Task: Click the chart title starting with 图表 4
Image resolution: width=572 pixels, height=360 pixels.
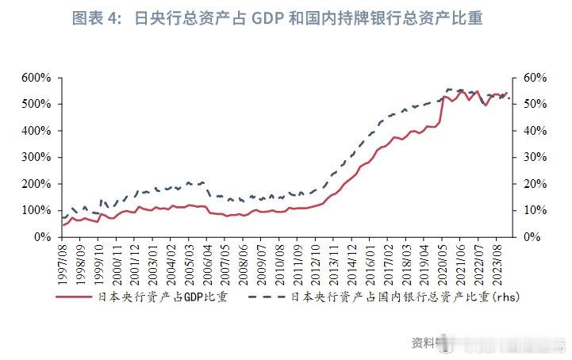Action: pyautogui.click(x=277, y=18)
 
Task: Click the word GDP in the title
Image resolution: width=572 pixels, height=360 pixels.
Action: pyautogui.click(x=273, y=18)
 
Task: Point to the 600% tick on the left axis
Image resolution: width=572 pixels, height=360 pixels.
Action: pyautogui.click(x=36, y=78)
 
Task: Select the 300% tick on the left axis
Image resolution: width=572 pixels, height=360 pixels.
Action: pyautogui.click(x=36, y=157)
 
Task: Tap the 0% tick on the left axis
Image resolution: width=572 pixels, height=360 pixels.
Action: pyautogui.click(x=42, y=237)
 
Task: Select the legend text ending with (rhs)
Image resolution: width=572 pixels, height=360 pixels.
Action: pyautogui.click(x=405, y=298)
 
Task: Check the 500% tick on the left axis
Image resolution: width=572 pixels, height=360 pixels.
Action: pyautogui.click(x=36, y=104)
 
